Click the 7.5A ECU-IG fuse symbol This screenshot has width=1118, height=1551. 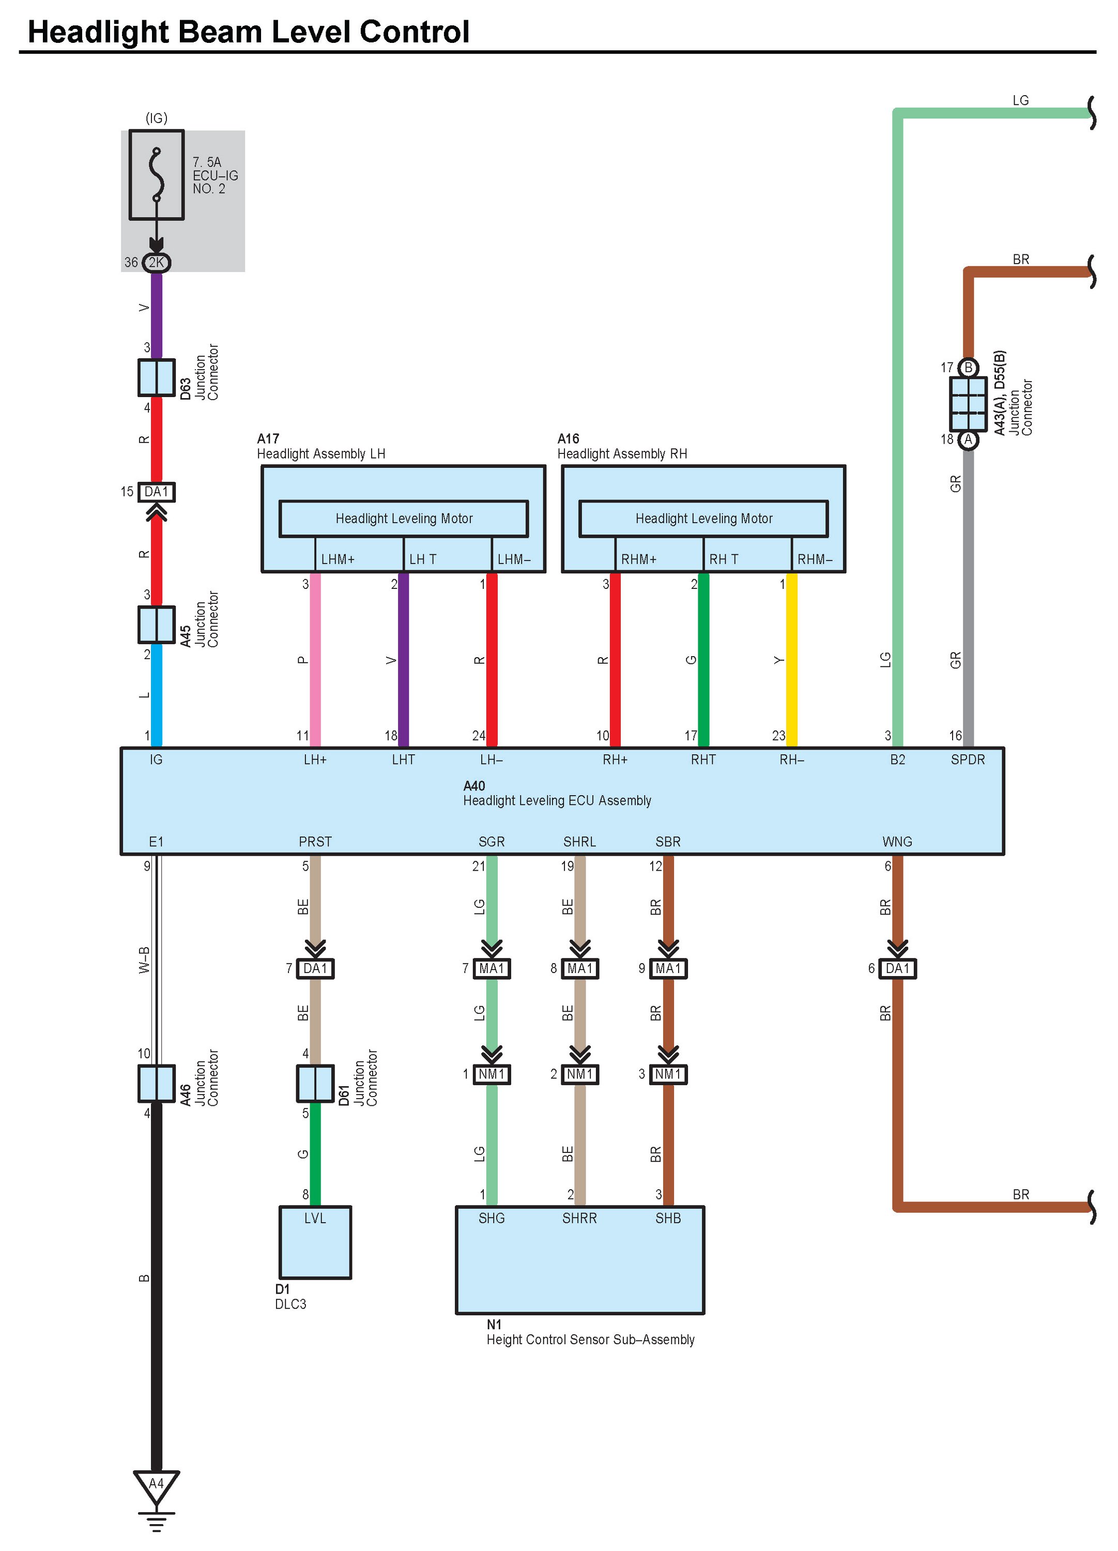point(157,175)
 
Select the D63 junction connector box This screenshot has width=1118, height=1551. point(157,377)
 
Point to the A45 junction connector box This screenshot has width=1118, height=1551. point(157,625)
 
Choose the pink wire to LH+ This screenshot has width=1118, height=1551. point(315,660)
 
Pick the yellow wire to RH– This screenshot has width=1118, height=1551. point(791,660)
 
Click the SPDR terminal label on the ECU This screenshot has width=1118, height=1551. point(968,760)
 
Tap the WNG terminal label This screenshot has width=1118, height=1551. point(897,842)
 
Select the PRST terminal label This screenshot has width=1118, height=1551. point(315,842)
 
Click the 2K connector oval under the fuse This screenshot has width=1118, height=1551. point(157,263)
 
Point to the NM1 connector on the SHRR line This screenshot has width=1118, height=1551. point(580,1074)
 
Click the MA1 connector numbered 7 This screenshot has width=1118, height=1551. point(492,968)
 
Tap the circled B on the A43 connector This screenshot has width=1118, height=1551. point(968,368)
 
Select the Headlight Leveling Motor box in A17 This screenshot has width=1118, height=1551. point(404,519)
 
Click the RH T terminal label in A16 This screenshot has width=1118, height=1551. point(724,559)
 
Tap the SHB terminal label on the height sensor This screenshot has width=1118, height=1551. point(668,1219)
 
